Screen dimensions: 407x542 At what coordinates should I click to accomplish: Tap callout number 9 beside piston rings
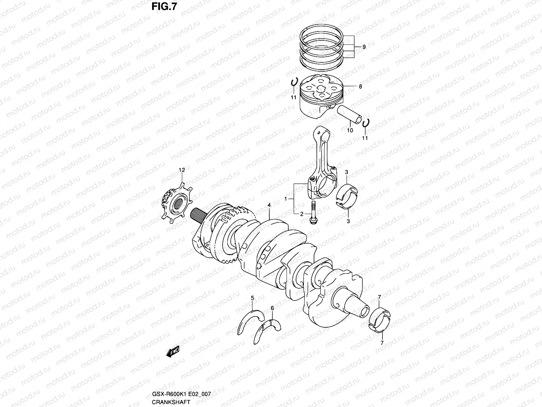point(364,47)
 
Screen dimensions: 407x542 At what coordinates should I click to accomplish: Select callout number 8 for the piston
point(360,86)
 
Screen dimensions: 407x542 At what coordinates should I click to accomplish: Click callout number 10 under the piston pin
point(350,130)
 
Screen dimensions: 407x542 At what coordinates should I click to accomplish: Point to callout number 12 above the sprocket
point(182,170)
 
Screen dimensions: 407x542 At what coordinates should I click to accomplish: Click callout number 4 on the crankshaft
point(269,205)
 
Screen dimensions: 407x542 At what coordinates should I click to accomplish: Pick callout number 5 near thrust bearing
point(252,298)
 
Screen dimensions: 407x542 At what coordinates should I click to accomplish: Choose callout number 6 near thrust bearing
point(272,308)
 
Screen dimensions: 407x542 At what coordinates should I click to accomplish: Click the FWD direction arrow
point(173,352)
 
